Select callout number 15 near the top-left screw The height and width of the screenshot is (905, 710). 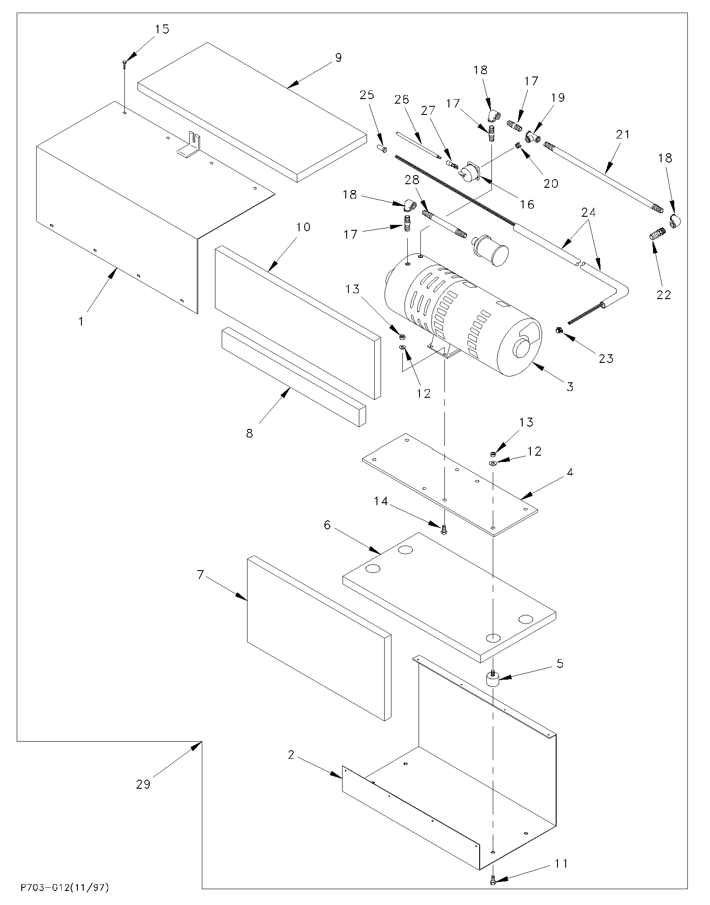[x=162, y=29]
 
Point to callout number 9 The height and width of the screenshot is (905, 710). [x=338, y=58]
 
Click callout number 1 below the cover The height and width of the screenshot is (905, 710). [x=81, y=322]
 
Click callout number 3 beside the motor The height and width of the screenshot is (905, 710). [x=570, y=386]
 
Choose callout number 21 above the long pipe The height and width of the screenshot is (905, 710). [x=623, y=134]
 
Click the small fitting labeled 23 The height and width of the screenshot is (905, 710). [x=559, y=331]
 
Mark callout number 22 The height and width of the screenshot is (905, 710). [x=664, y=295]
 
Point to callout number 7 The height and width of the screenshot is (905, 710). [x=200, y=575]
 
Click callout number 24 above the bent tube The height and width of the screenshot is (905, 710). [x=588, y=212]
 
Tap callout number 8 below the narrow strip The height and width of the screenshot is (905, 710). [x=249, y=433]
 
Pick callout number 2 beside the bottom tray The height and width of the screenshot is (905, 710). [x=291, y=755]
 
